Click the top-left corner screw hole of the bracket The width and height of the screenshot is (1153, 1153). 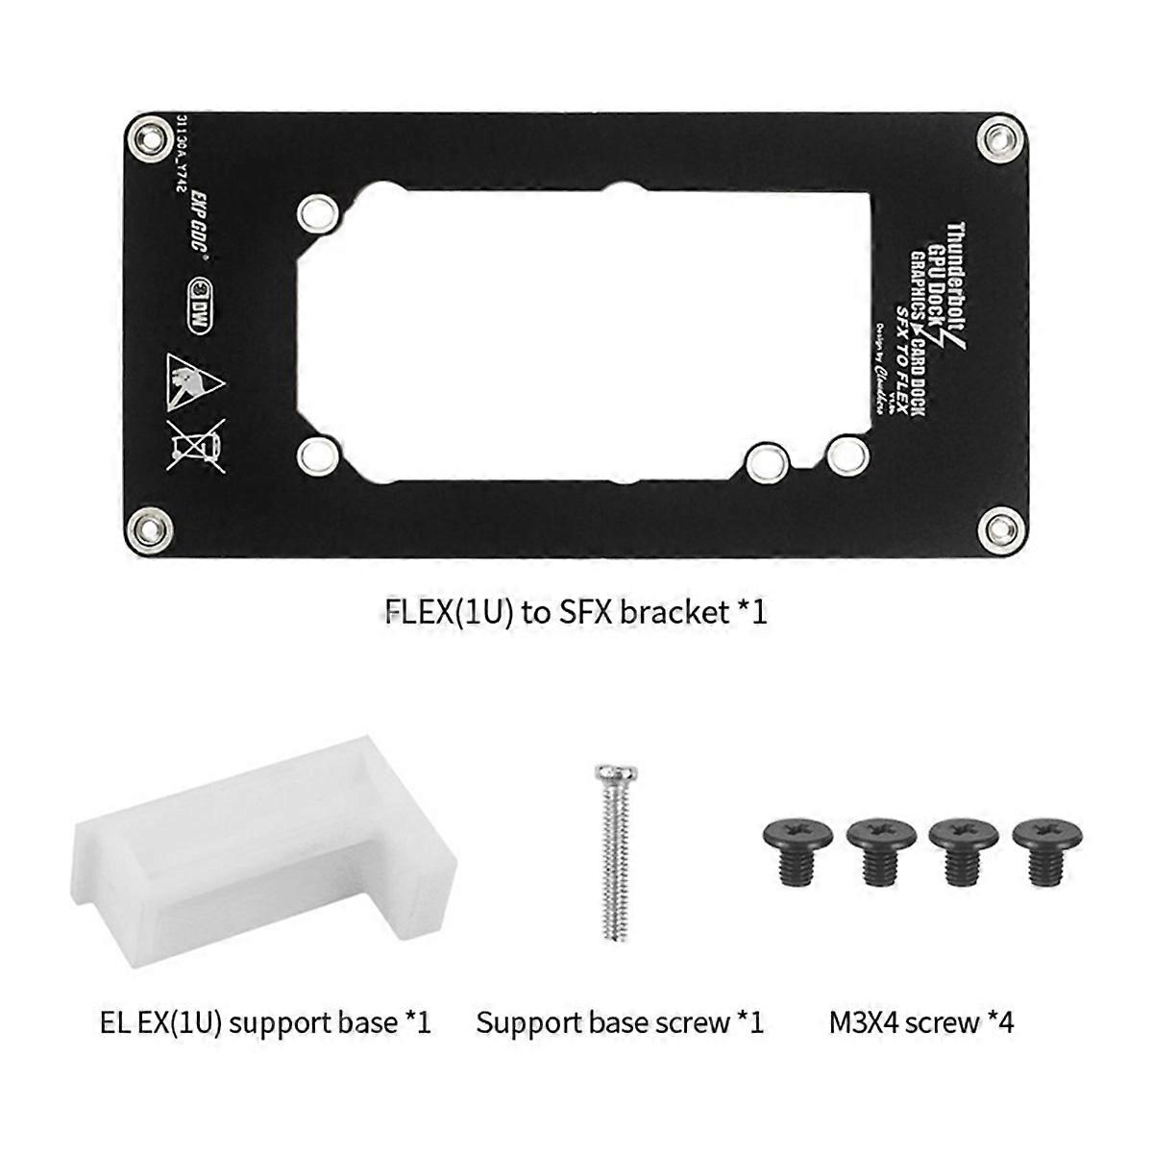150,137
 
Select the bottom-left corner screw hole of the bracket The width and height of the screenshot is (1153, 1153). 150,527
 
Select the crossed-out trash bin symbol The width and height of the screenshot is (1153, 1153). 195,445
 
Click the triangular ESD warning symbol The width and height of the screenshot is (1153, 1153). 194,378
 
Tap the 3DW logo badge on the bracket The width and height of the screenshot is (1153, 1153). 200,305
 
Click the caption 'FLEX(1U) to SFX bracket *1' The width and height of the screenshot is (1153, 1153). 576,612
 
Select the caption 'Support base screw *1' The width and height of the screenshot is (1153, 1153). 620,1022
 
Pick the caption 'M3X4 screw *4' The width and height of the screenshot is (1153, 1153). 920,1022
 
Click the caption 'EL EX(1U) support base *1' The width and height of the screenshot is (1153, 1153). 265,1022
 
